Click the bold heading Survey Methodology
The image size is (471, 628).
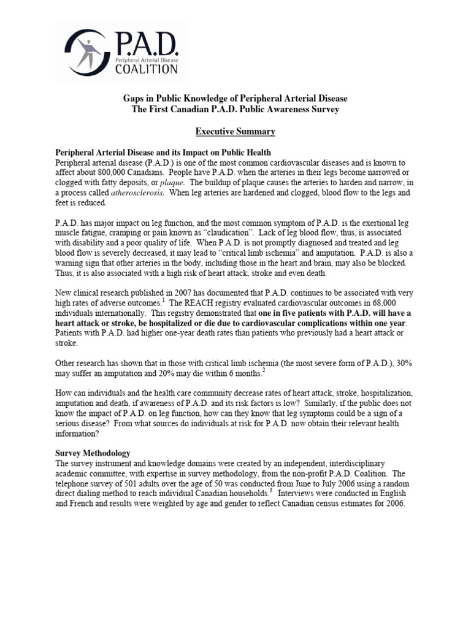click(x=93, y=453)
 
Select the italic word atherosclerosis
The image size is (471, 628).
click(x=169, y=193)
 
